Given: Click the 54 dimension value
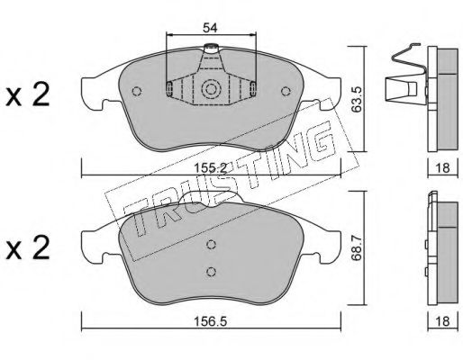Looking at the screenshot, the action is click(210, 28).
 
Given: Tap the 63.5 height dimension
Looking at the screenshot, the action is click(357, 100).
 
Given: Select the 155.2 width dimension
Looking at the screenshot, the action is click(210, 168).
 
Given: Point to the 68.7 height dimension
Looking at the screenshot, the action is click(357, 247).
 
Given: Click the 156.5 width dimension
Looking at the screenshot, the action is click(210, 322).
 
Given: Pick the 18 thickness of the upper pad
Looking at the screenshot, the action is click(442, 167).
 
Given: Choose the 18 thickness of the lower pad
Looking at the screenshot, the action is click(442, 321).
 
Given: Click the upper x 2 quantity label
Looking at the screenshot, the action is click(28, 95).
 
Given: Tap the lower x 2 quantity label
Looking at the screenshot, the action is click(28, 247).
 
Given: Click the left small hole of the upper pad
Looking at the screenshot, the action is click(137, 91).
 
